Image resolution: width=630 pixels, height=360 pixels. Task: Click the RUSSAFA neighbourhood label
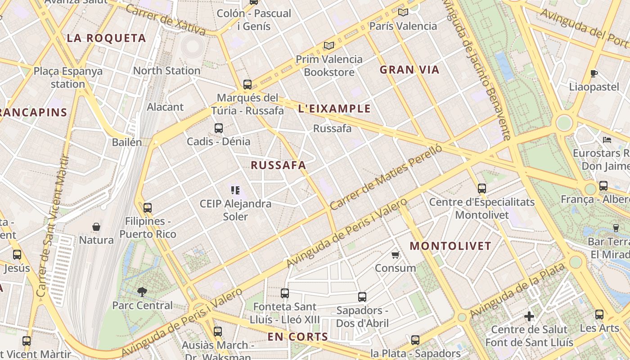coord(278,165)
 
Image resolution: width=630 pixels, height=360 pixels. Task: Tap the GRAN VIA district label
coord(409,70)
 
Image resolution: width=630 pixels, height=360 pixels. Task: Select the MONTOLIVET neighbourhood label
coord(450,246)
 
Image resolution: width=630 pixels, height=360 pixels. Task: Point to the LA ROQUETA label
coord(107,38)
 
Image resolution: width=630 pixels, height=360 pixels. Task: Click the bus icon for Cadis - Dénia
coord(219,128)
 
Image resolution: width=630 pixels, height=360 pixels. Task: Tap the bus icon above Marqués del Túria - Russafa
coord(247,84)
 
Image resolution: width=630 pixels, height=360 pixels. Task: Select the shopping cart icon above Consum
coord(396,255)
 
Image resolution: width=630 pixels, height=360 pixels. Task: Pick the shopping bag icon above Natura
coord(96,226)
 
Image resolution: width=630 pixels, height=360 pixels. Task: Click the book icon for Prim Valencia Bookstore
coord(329,45)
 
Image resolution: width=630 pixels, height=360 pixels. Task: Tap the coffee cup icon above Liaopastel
coord(594,73)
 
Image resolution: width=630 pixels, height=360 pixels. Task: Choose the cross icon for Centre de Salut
coord(529,316)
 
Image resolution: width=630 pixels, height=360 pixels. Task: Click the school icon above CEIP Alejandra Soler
coord(235,190)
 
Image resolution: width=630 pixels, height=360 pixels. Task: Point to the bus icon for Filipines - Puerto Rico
coord(147,208)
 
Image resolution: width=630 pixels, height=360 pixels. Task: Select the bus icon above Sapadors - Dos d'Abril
coord(362,297)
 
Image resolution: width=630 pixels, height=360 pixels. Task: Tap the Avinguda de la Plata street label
coord(517,291)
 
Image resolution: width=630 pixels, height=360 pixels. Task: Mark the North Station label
coord(166,71)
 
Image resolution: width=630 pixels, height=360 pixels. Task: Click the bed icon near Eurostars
coord(607,140)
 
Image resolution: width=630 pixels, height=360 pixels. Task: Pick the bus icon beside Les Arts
coord(599,315)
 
